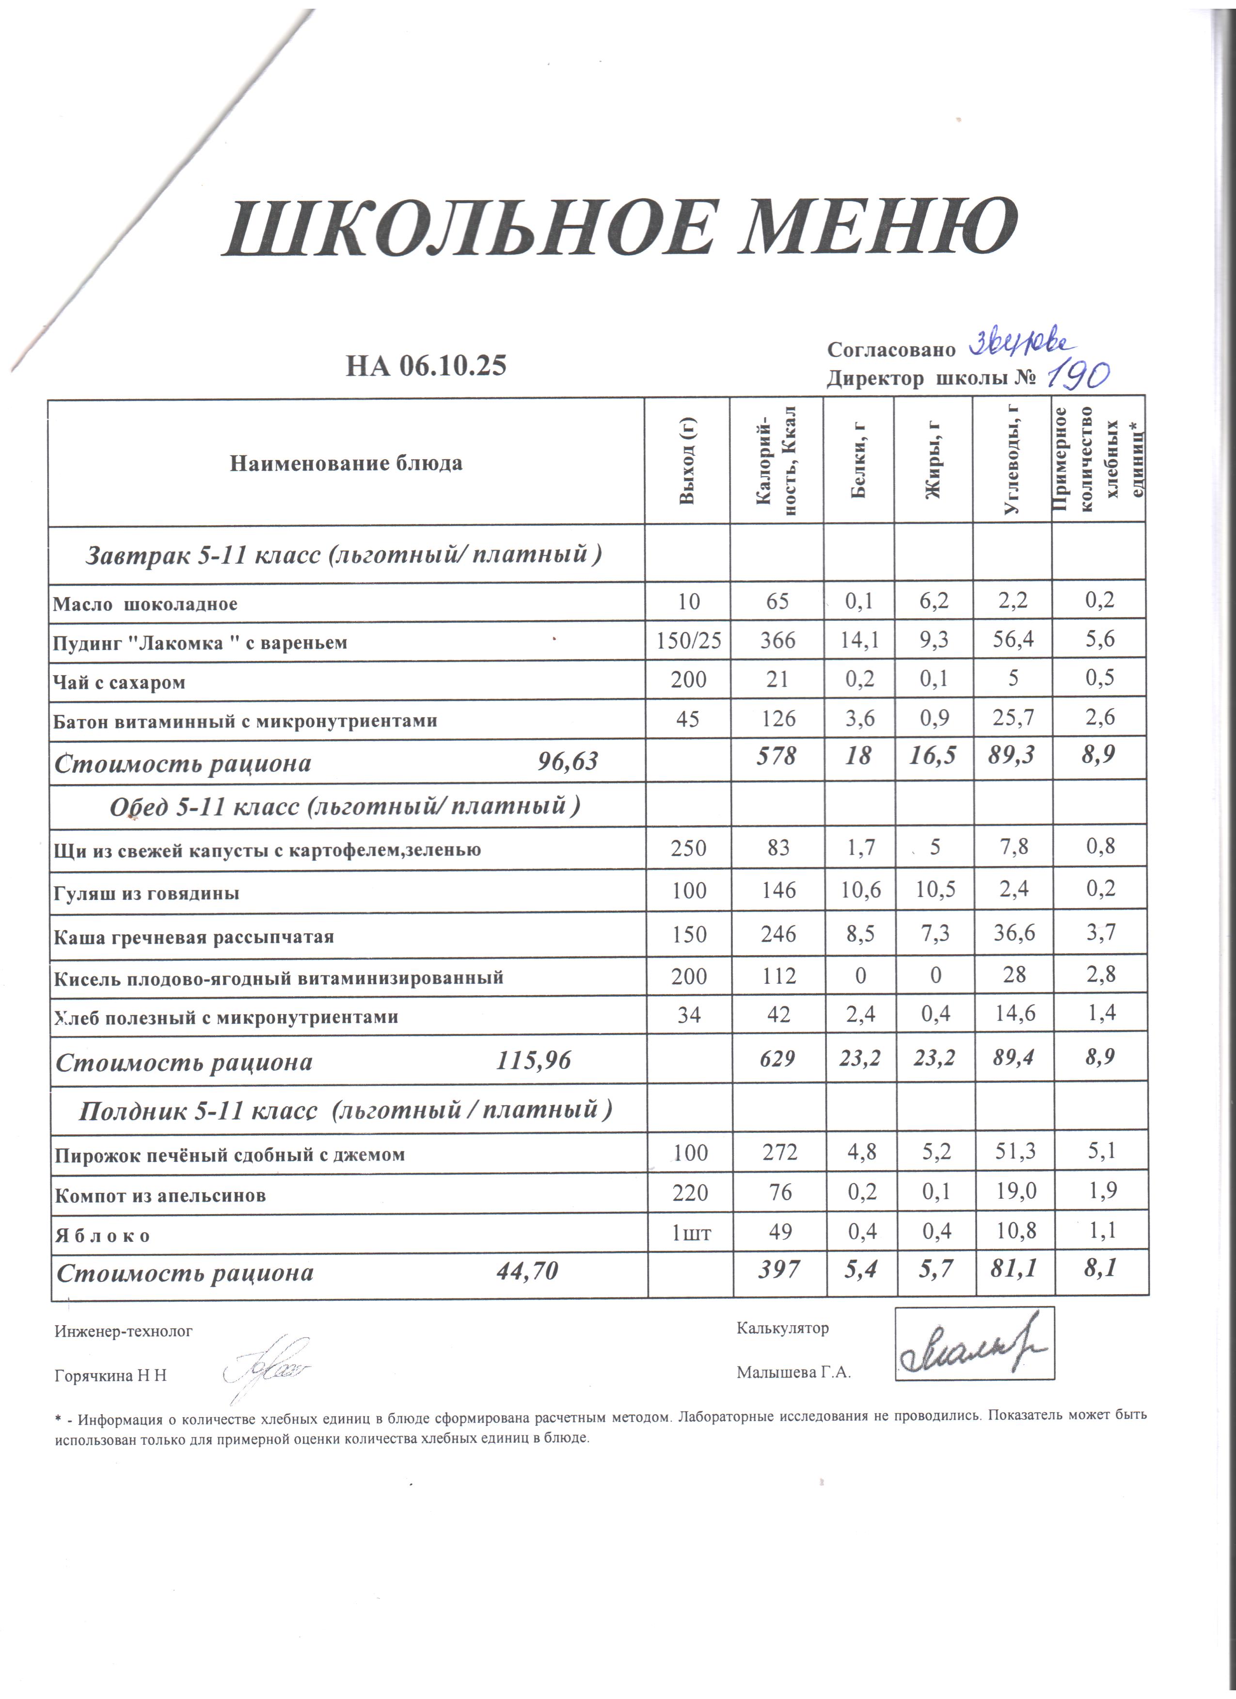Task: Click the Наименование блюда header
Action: coord(346,463)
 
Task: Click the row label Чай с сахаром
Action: coord(119,682)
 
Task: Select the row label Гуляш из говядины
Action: coord(147,893)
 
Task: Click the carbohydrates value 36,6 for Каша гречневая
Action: coord(1013,933)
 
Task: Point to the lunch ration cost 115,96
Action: coord(534,1060)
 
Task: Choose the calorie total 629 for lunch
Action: coord(777,1058)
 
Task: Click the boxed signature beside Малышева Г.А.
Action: coord(974,1344)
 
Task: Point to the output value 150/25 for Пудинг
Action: coord(689,640)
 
